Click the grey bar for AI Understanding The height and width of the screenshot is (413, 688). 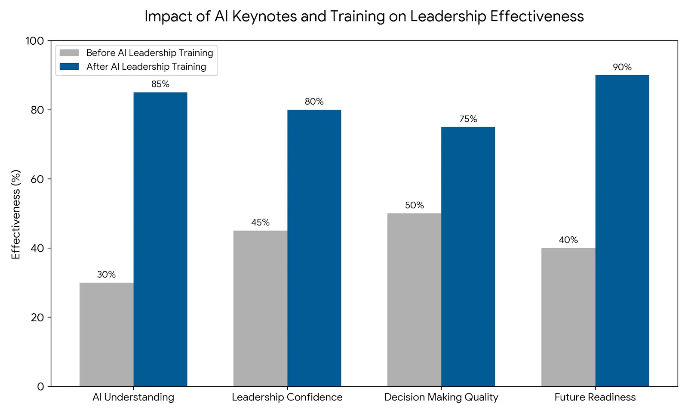coord(106,334)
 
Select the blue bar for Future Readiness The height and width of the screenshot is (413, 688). coord(622,231)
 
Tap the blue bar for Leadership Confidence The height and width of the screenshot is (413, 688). coord(314,248)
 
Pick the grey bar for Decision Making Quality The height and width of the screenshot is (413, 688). coord(414,300)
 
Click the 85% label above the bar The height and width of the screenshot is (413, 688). coord(160,84)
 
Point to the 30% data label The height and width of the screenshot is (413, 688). coord(106,274)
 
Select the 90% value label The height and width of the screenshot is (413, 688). coord(622,67)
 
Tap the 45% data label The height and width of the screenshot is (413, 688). coord(260,222)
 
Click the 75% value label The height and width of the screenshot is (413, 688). coord(468,119)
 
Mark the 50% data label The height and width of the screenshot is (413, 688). coord(414,205)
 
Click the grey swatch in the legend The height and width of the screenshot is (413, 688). coord(69,53)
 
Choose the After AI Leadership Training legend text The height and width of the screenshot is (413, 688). coord(146,67)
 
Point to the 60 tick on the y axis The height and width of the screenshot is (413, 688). coord(37,179)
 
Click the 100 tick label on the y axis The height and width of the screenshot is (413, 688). coord(35,41)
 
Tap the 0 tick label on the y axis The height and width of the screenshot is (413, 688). coord(40,386)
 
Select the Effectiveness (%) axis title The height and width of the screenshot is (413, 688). coord(16,214)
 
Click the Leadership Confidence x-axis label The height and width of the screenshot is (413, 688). coord(287,397)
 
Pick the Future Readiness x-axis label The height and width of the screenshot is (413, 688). coord(595,397)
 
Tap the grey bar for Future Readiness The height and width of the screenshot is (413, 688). coord(568,317)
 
